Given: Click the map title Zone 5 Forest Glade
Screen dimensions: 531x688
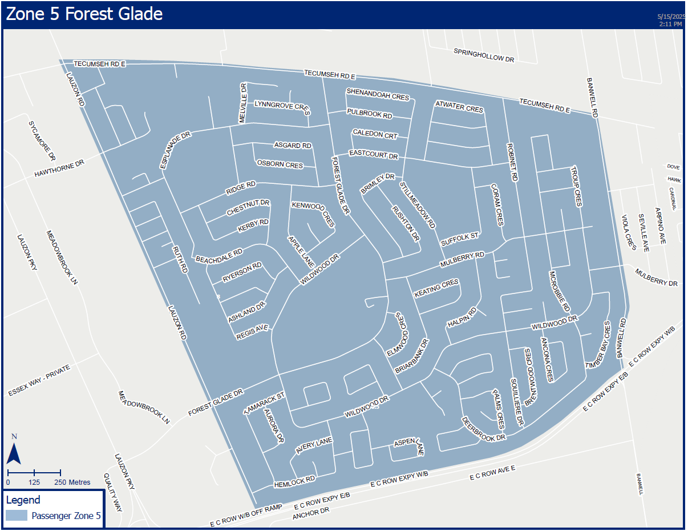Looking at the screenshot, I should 84,14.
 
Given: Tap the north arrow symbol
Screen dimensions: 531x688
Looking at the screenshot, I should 14,451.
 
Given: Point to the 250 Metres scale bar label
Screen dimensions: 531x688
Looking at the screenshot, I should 72,482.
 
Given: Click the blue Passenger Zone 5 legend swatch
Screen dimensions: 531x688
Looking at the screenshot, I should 16,516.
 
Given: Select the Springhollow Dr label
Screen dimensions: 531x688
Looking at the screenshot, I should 484,55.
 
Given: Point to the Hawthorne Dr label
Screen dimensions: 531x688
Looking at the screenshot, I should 59,168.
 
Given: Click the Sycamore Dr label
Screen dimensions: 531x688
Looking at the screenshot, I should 42,140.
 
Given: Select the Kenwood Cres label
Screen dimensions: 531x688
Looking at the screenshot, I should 313,214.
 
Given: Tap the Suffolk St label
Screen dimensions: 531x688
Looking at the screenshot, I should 460,239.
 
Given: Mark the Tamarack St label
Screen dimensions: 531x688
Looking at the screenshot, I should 264,403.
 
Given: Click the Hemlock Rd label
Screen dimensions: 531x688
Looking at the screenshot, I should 294,481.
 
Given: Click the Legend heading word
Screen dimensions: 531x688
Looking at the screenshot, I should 23,500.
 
